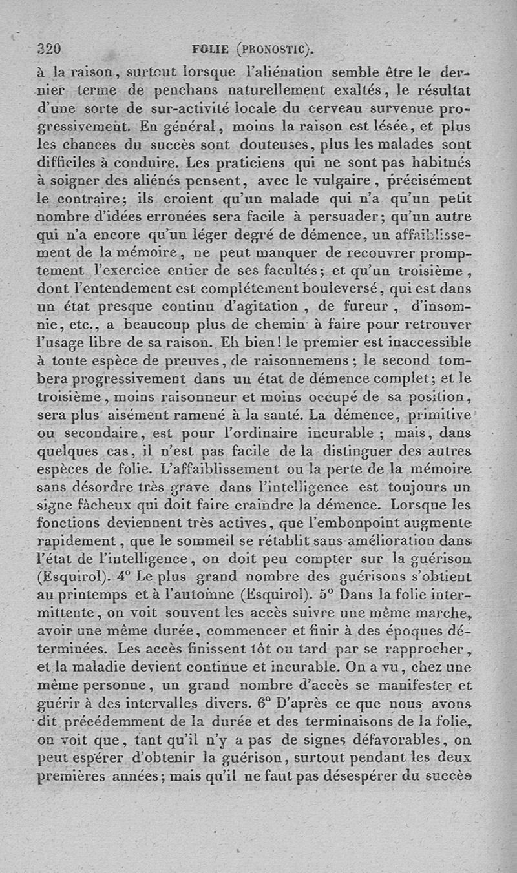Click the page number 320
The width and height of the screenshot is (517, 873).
pos(49,48)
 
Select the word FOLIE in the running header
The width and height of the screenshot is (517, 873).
pos(211,49)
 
